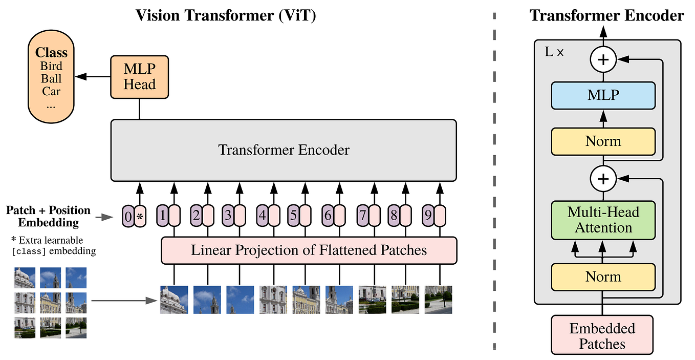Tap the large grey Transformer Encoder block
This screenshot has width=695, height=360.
284,150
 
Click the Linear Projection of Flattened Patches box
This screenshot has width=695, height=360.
309,250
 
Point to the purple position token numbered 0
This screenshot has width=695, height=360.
127,217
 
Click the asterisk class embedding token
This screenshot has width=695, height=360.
140,217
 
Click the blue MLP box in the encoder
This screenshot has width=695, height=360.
603,95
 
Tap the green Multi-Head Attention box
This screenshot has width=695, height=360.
603,220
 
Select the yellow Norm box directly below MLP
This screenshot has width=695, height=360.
603,141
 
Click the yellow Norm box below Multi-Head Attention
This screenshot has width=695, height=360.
603,277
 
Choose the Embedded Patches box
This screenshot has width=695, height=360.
602,335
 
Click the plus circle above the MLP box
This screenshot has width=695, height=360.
603,60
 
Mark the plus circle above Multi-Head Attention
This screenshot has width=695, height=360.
603,179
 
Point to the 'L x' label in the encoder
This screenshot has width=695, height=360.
554,52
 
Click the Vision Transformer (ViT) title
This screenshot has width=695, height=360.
226,15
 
